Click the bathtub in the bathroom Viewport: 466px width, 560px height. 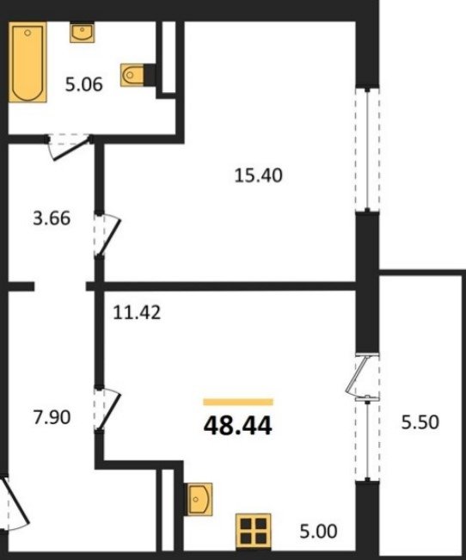click(28, 62)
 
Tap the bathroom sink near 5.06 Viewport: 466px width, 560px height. click(83, 33)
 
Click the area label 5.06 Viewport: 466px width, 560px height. click(84, 84)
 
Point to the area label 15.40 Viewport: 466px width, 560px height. click(258, 175)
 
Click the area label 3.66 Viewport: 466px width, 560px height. click(52, 218)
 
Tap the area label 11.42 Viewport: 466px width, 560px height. click(137, 312)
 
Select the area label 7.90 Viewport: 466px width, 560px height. click(52, 417)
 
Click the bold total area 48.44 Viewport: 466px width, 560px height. click(238, 426)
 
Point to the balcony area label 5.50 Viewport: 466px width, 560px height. click(420, 422)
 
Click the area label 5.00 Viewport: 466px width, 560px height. click(318, 532)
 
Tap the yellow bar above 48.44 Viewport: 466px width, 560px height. click(238, 402)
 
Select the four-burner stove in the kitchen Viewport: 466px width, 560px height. click(253, 531)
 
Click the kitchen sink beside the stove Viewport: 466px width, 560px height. click(199, 499)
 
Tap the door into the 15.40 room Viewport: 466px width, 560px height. click(107, 235)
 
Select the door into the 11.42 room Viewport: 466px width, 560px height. click(107, 409)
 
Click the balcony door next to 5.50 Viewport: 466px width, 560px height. click(361, 375)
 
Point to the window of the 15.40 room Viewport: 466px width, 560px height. click(367, 150)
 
